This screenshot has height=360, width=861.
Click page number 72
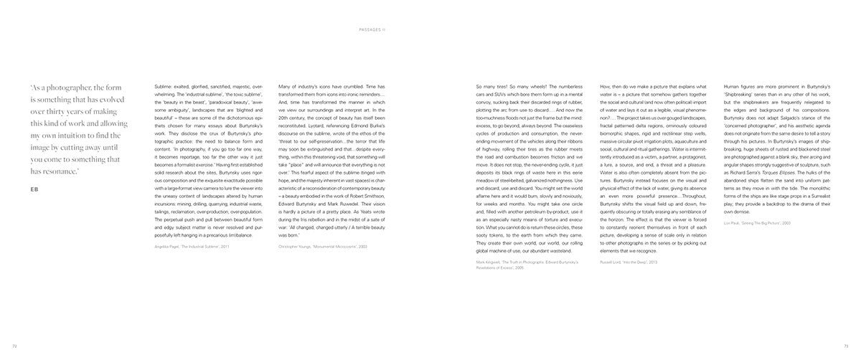tap(14, 346)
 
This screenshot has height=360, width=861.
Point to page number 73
tap(846, 346)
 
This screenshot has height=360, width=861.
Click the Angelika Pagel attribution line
tap(191, 246)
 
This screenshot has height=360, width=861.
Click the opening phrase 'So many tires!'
tap(494, 87)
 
